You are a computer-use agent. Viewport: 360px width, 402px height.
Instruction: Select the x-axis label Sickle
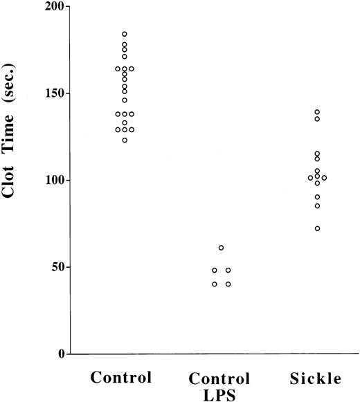pos(317,378)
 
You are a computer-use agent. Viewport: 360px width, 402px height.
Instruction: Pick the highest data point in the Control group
pos(125,34)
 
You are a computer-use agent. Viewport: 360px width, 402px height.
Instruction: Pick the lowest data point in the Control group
pos(125,140)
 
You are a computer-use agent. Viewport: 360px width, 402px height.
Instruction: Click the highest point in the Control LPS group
pos(221,248)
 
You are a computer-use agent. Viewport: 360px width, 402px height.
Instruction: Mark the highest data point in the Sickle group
pos(318,112)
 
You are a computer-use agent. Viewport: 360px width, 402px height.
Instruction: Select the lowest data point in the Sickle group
pos(318,228)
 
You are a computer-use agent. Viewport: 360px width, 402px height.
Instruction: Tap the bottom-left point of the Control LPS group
pos(215,284)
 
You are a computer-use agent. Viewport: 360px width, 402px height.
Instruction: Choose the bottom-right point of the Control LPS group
pos(228,284)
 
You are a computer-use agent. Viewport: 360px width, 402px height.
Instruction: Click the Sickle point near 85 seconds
pos(318,205)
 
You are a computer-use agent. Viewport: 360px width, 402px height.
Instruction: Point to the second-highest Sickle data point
pos(318,119)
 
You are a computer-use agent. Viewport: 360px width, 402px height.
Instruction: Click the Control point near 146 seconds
pos(125,100)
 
